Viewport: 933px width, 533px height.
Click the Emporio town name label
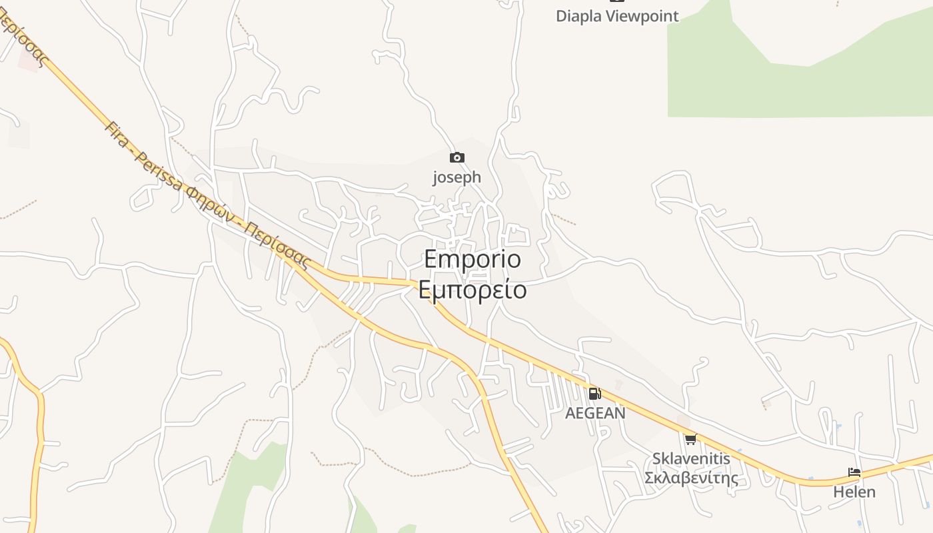pyautogui.click(x=472, y=259)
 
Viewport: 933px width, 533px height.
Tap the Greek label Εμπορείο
pyautogui.click(x=472, y=290)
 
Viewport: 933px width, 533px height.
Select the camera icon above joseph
pyautogui.click(x=457, y=158)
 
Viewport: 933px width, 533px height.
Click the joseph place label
pyautogui.click(x=457, y=177)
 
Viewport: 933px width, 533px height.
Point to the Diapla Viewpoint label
pyautogui.click(x=617, y=16)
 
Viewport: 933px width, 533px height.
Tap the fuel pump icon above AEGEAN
pyautogui.click(x=594, y=394)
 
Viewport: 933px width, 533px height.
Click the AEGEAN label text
pyautogui.click(x=595, y=413)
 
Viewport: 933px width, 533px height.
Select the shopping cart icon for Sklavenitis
pyautogui.click(x=690, y=439)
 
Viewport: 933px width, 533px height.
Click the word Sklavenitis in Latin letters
pyautogui.click(x=691, y=458)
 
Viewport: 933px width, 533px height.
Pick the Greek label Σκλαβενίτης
pyautogui.click(x=691, y=478)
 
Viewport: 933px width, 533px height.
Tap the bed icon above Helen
pyautogui.click(x=854, y=472)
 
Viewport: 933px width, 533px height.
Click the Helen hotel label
pyautogui.click(x=854, y=492)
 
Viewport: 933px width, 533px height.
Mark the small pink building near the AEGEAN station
pyautogui.click(x=618, y=384)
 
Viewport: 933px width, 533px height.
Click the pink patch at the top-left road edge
pyautogui.click(x=28, y=60)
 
